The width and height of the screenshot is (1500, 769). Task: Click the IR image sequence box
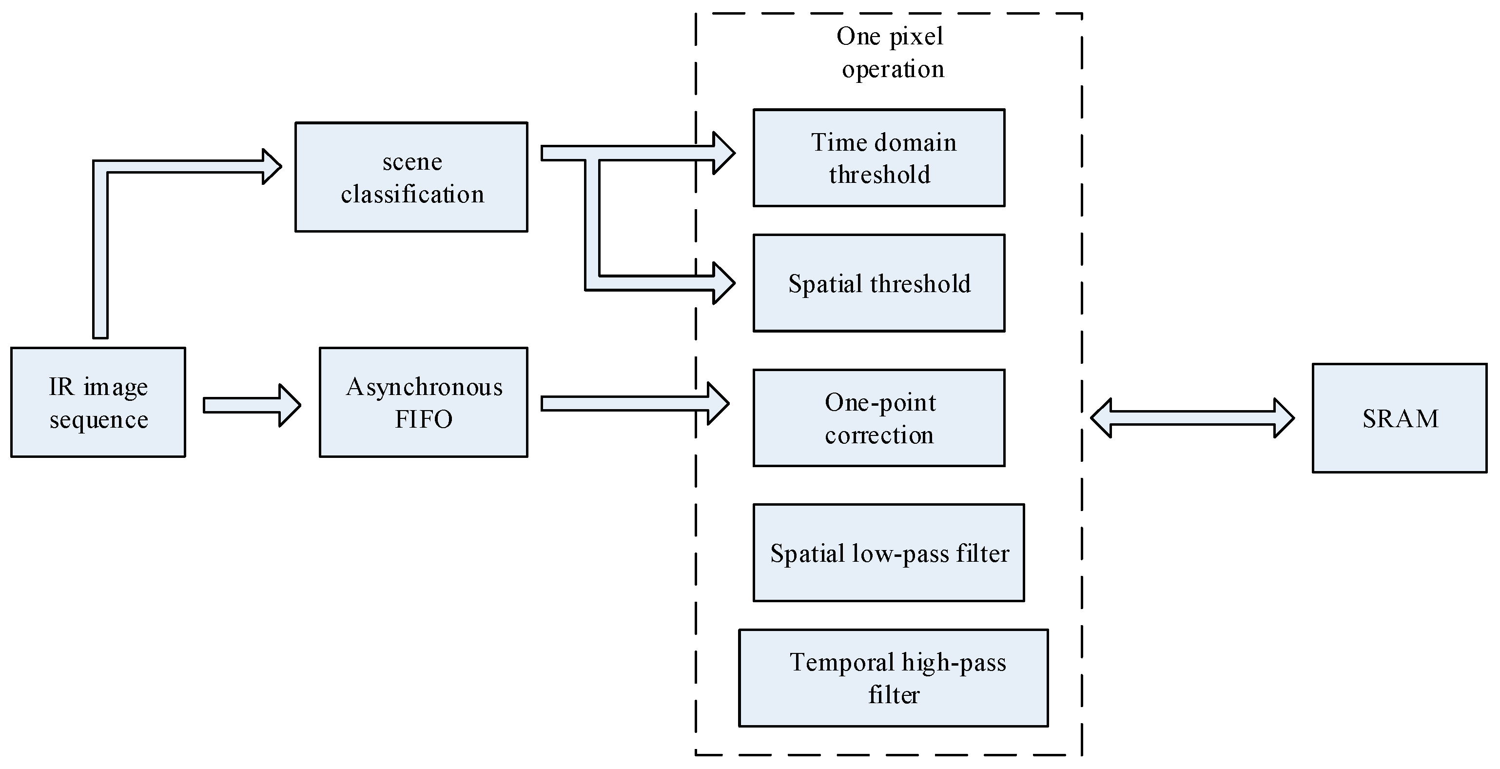pos(98,402)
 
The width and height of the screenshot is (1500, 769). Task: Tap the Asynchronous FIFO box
pos(423,402)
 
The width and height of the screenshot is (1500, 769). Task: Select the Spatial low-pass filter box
pos(889,552)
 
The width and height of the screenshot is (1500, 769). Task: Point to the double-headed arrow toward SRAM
pos(1192,418)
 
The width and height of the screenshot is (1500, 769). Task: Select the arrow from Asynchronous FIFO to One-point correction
pos(635,403)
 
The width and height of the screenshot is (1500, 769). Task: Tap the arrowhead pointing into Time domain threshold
pos(724,153)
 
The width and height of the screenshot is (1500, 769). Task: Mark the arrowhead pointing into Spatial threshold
pos(724,283)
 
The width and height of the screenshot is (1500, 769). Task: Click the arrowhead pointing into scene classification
pos(272,167)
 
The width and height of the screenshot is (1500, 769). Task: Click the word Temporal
pos(842,662)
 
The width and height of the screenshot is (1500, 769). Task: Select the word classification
pos(412,194)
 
